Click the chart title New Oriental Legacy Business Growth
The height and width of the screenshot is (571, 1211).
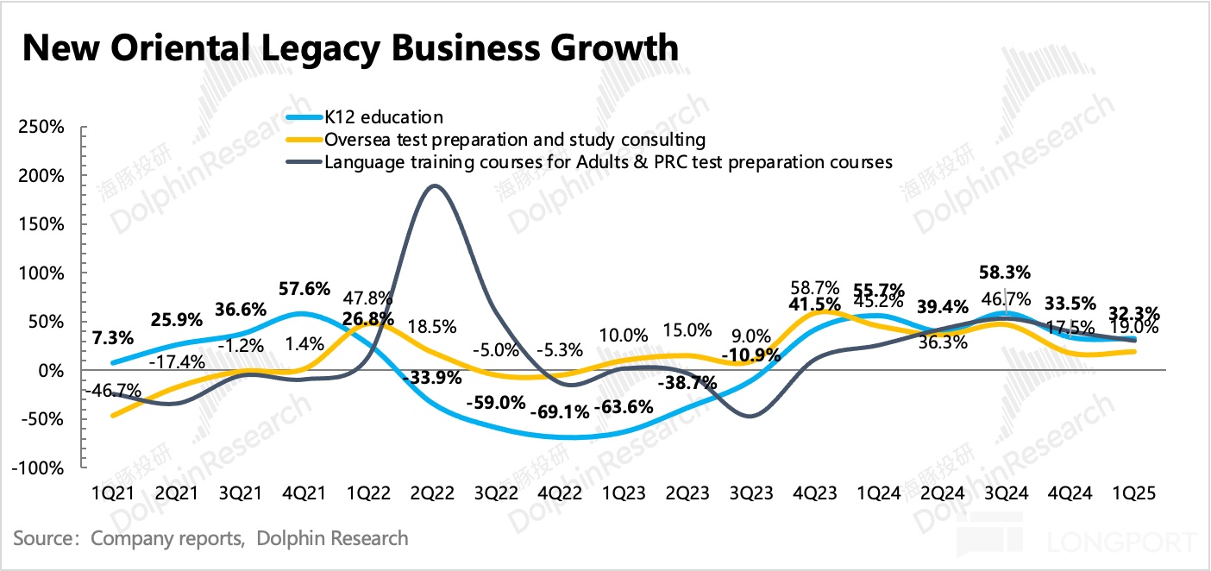tap(349, 47)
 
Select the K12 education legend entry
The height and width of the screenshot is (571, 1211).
tap(383, 118)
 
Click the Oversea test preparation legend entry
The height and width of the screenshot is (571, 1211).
tap(514, 140)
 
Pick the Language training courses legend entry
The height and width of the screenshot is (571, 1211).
tap(607, 161)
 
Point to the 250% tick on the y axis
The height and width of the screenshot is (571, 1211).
tap(41, 127)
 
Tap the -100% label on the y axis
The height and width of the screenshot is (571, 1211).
tap(38, 468)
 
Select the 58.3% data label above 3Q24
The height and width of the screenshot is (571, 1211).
tap(1005, 273)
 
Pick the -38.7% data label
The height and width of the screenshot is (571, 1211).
tap(686, 384)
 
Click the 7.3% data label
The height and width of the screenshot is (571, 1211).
tap(113, 337)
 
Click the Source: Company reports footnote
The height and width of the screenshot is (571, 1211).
tap(210, 539)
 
